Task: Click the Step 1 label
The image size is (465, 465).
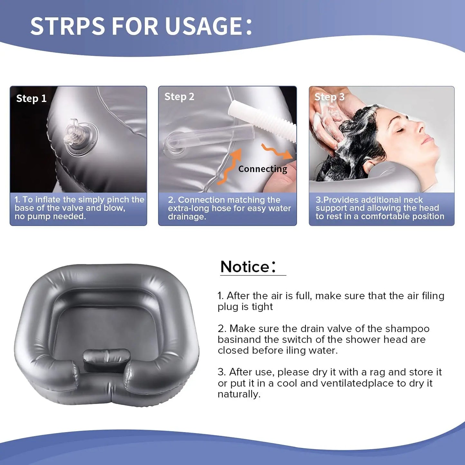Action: [31, 98]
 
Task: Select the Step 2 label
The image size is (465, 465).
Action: [179, 97]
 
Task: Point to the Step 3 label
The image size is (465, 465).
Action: [329, 97]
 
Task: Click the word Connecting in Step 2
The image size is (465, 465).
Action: [263, 169]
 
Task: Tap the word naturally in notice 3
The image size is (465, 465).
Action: [239, 394]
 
